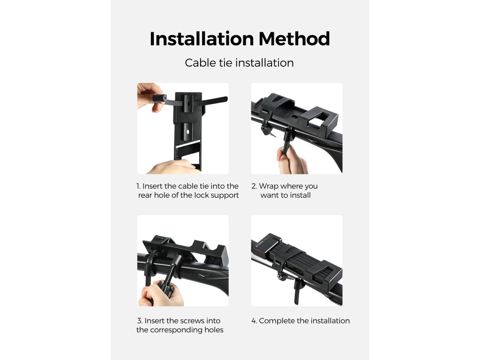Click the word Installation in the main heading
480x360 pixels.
pos(202,39)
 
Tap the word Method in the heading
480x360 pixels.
pos(294,39)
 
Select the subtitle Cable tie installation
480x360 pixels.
pos(240,63)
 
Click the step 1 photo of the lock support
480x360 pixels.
pos(183,128)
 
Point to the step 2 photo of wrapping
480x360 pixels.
pos(297,128)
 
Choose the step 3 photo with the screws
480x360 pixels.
pos(183,261)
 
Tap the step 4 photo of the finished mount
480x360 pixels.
pos(297,261)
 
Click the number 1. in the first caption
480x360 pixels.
pos(138,186)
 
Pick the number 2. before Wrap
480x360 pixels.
pos(254,186)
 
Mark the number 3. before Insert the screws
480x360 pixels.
pos(140,321)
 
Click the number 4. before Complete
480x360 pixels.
pos(254,321)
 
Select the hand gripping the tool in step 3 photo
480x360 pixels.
pos(160,294)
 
